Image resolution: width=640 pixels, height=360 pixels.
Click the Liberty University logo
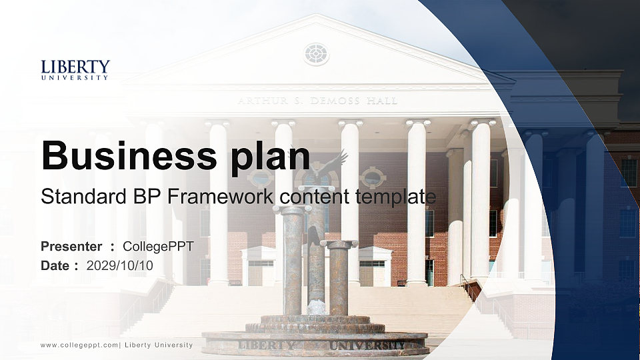(75, 70)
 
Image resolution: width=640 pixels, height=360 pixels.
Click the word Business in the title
(129, 155)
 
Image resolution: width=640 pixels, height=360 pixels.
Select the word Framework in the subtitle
(221, 196)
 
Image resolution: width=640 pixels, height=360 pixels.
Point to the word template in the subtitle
(395, 197)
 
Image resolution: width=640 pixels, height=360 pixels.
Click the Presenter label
(71, 246)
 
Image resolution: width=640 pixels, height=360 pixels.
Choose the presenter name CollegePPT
(158, 247)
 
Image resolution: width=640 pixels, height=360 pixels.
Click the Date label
(55, 266)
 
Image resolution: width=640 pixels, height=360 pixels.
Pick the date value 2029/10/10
(119, 266)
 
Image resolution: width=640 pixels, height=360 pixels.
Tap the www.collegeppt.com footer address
(79, 345)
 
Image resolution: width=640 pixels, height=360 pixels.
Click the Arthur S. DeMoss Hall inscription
(317, 101)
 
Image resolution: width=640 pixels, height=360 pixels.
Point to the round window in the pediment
(316, 54)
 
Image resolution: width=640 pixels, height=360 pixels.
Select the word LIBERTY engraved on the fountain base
(266, 345)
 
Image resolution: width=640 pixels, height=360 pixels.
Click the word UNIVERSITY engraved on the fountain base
(367, 346)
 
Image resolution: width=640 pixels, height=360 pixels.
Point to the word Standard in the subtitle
(84, 196)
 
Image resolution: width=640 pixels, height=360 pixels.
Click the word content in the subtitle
(315, 197)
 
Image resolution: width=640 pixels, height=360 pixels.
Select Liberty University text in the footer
(159, 345)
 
